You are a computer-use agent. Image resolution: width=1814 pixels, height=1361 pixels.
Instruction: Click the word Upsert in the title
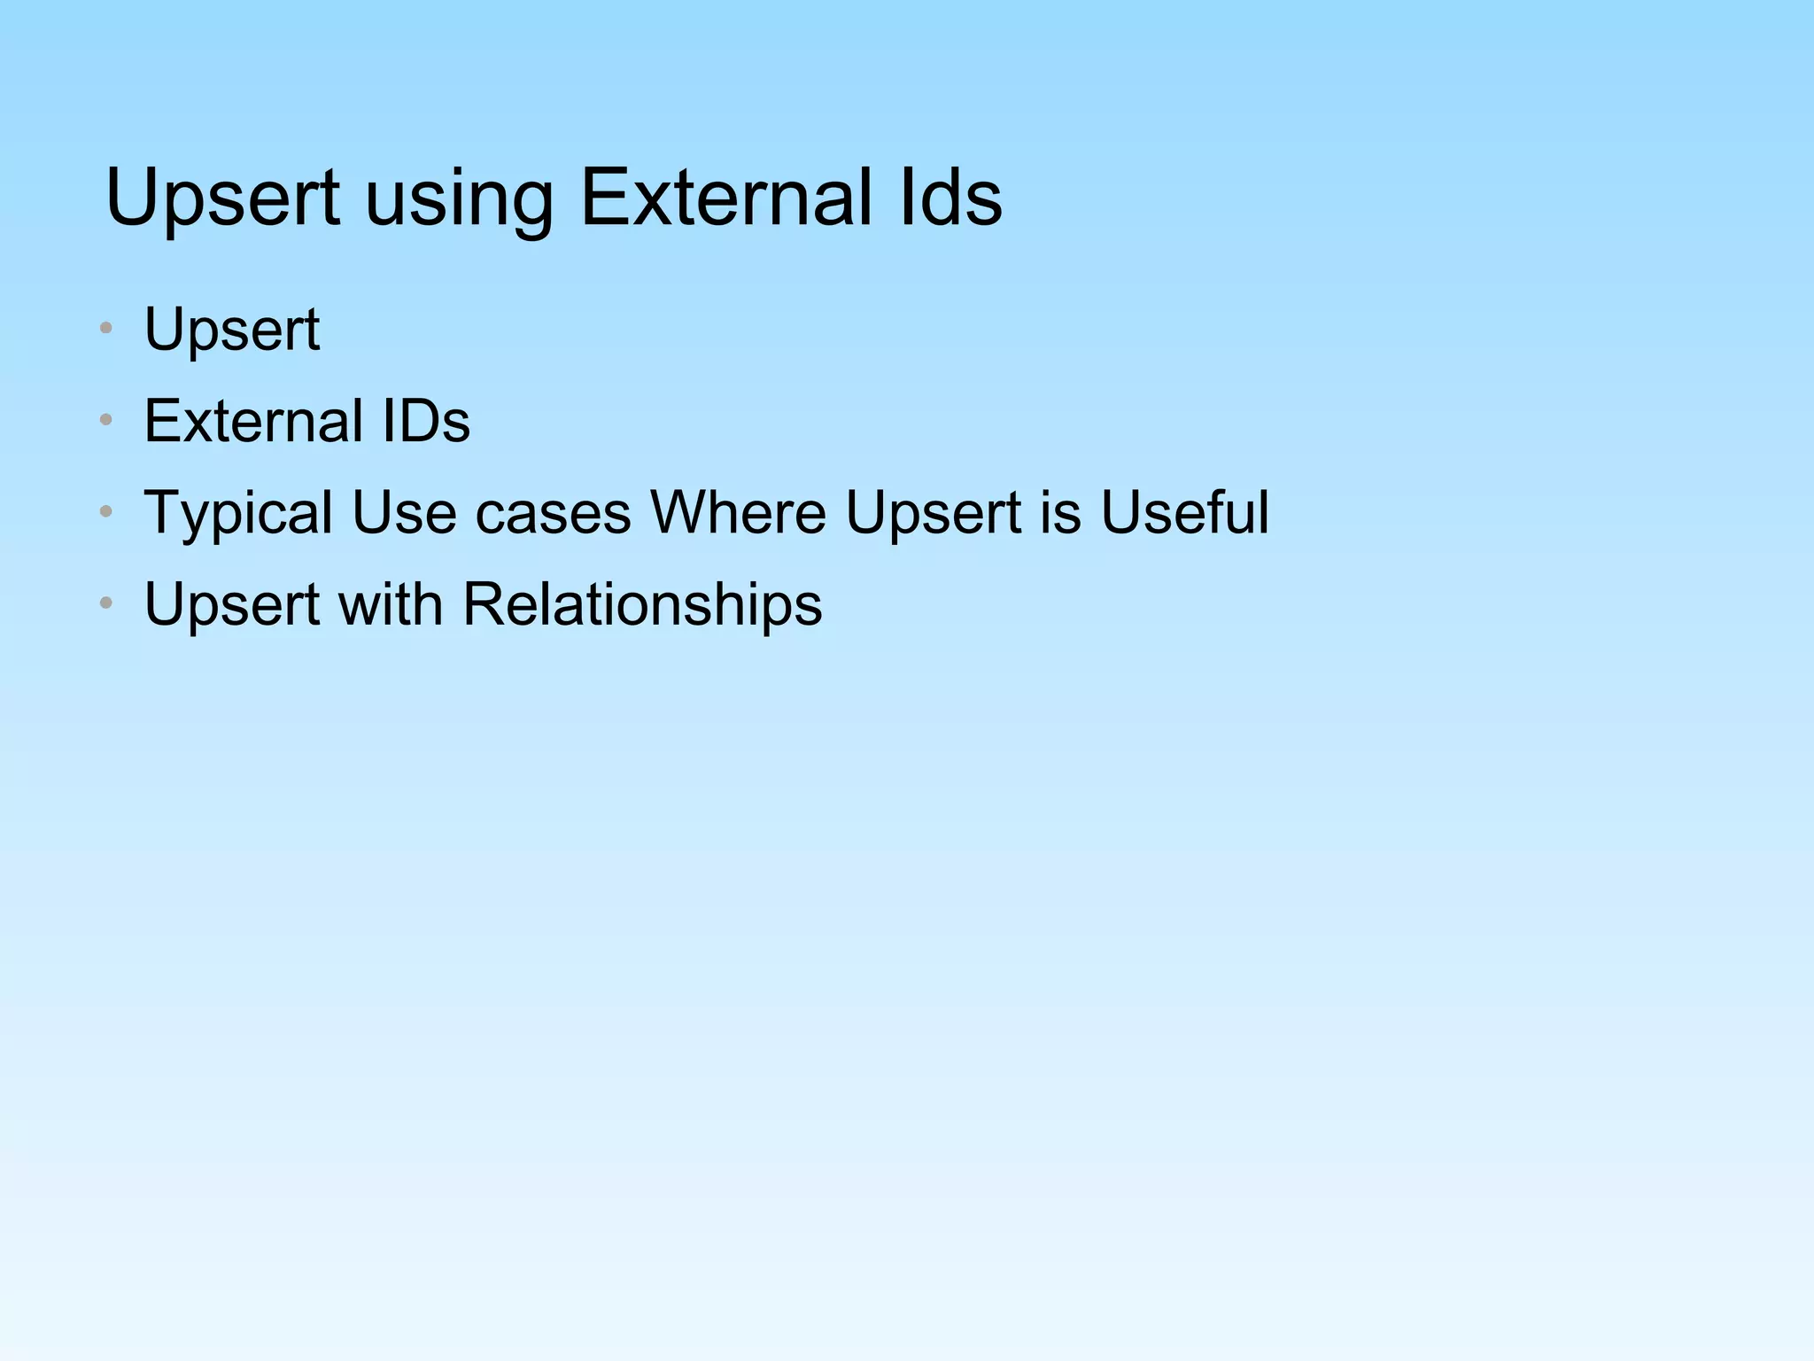tap(222, 198)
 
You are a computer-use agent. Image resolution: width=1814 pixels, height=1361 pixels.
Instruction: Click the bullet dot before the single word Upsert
tap(106, 329)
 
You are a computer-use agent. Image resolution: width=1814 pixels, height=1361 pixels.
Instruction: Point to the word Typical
tap(239, 514)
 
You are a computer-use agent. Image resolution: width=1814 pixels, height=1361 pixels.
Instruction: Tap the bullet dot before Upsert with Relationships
tap(106, 603)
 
